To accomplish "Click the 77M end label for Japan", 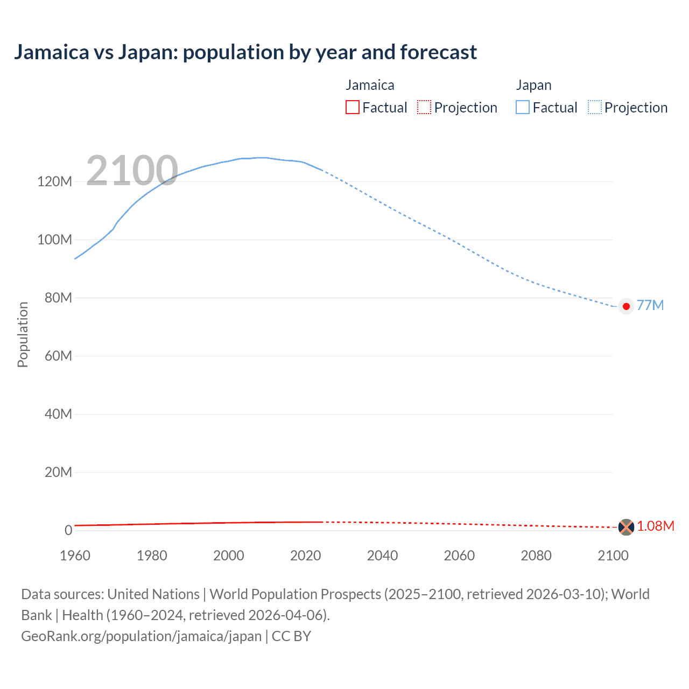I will click(650, 305).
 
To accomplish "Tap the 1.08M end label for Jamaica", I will click(655, 526).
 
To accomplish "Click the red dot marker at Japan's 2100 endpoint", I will click(626, 306).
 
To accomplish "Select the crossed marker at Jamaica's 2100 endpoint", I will click(626, 527).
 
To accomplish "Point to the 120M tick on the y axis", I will click(54, 181).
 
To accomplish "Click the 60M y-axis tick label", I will click(58, 356).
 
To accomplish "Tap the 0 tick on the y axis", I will click(68, 530).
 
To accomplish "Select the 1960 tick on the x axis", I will click(75, 556).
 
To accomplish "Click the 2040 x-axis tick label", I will click(382, 556).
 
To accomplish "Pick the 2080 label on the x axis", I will click(536, 556).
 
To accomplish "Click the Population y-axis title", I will click(23, 334).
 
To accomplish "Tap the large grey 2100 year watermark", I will click(132, 171).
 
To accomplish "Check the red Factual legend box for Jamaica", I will click(352, 107).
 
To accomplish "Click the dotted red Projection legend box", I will click(424, 107).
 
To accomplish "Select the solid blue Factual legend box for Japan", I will click(523, 107).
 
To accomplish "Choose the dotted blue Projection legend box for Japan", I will click(594, 107).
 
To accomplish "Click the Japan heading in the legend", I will click(533, 85).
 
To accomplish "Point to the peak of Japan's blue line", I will click(261, 158).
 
